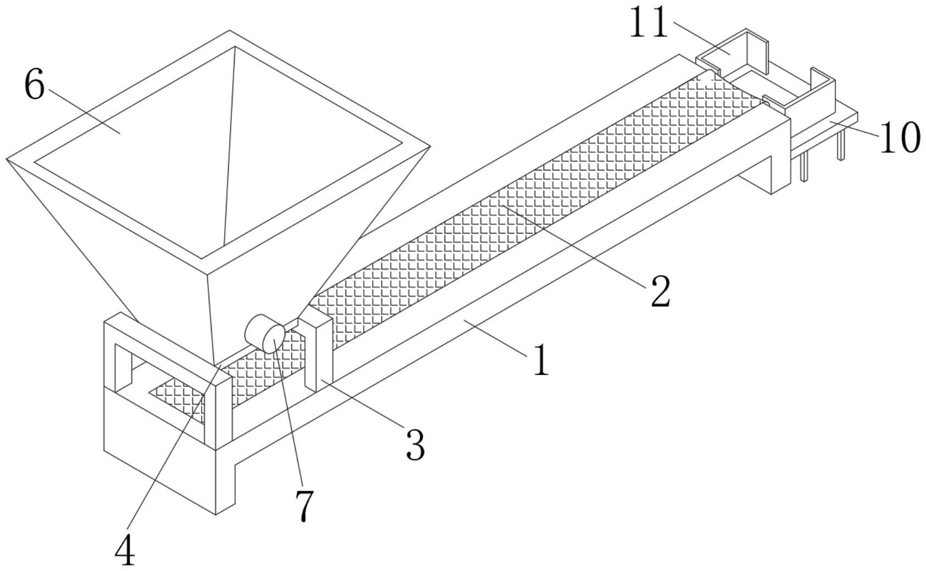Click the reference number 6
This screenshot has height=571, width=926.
pos(34,86)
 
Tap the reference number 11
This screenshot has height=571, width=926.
pos(648,23)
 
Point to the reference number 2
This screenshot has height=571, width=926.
pos(660,291)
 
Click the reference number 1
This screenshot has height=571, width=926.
pos(541,361)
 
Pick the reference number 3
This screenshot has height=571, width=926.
pos(415,445)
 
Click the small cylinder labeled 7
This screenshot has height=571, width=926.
pos(265,334)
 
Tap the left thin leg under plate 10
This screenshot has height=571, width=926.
pos(804,168)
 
